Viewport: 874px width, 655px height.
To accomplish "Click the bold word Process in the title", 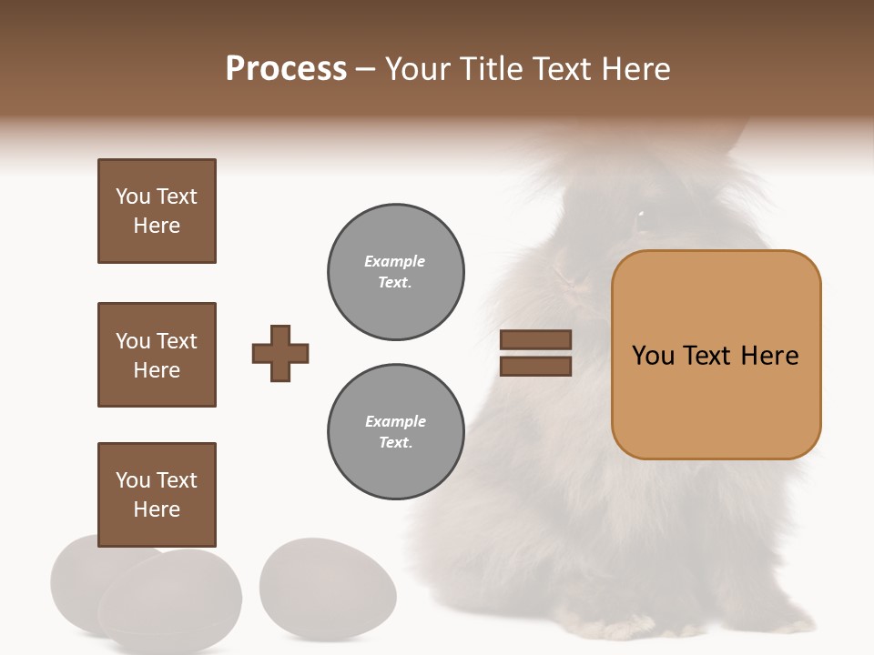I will [286, 69].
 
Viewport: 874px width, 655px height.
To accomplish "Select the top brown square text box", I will [157, 211].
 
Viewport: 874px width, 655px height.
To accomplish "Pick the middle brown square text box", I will [157, 355].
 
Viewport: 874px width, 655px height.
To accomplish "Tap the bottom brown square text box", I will [157, 495].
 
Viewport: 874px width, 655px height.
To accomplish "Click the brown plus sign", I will [280, 353].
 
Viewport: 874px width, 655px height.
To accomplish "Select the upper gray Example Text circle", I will [395, 271].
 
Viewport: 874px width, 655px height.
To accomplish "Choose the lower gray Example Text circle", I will [395, 431].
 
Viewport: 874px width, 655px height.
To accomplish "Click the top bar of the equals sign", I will [535, 339].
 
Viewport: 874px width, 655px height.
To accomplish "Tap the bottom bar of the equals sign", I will [535, 367].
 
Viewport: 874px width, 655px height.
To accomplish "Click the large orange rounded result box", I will [716, 355].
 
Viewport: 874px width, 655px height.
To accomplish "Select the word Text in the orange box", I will [707, 356].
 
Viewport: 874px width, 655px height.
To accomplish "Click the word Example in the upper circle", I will [395, 261].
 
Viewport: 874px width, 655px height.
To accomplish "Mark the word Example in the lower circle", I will [395, 421].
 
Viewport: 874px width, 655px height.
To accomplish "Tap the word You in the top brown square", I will [133, 196].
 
